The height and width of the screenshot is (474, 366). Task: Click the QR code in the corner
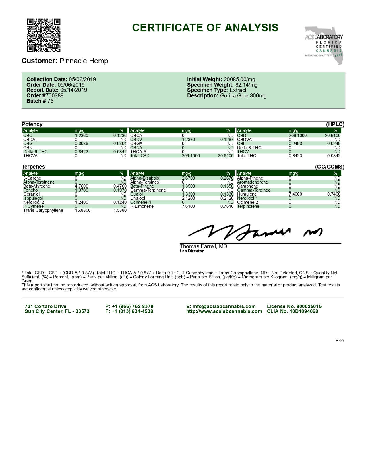[44, 35]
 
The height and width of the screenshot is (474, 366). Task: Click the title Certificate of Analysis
[205, 28]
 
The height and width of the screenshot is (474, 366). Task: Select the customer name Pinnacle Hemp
[84, 61]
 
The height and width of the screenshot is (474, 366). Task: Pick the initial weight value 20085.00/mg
[239, 80]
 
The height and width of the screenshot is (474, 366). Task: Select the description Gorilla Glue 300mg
[243, 95]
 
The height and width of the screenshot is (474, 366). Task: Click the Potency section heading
[32, 124]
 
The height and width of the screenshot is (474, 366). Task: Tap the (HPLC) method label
[335, 124]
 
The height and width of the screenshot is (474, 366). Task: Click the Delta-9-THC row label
[35, 152]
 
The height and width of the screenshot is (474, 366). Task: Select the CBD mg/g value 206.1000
[297, 136]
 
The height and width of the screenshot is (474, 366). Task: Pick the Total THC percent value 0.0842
[334, 156]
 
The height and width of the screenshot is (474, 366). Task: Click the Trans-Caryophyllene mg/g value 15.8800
[83, 210]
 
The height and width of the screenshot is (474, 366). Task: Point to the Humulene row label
[247, 194]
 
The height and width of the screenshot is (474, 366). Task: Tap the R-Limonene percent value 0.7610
[227, 206]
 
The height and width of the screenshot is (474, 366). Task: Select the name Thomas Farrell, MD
[203, 246]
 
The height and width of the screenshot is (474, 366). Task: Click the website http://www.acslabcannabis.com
[224, 311]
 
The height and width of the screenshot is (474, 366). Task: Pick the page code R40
[339, 341]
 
